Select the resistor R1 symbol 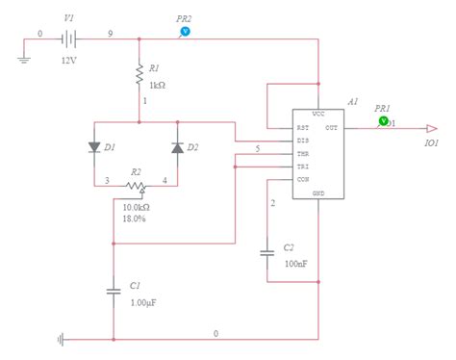(x=139, y=70)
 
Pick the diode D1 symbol (x=94, y=147)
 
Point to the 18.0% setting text (x=134, y=219)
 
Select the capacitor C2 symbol (x=267, y=254)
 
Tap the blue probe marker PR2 (x=186, y=31)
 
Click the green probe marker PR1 (x=383, y=121)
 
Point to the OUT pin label (x=332, y=127)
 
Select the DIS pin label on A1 (x=303, y=141)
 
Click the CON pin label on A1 (x=303, y=178)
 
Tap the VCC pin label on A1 (x=318, y=114)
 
